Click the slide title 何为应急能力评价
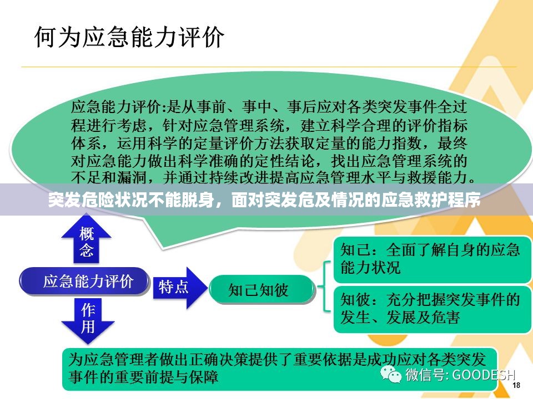click(129, 37)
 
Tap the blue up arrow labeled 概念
click(87, 240)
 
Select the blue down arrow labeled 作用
click(87, 320)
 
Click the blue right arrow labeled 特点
click(180, 288)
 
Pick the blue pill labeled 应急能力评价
click(84, 282)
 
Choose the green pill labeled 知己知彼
click(261, 290)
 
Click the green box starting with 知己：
click(432, 259)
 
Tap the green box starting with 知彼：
click(432, 309)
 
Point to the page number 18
click(516, 385)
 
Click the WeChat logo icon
click(390, 374)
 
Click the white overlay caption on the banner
click(264, 200)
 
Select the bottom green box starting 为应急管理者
click(279, 369)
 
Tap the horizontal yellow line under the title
click(269, 67)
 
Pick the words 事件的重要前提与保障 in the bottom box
click(143, 377)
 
